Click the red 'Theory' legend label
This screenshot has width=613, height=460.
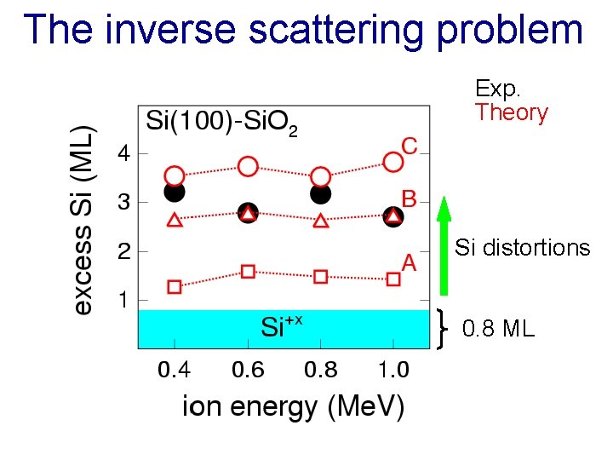[x=512, y=112]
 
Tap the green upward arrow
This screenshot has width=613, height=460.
[x=443, y=247]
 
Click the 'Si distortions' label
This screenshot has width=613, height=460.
[x=522, y=248]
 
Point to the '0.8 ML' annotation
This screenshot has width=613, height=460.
[x=498, y=328]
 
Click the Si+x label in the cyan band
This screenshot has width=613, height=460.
[x=282, y=327]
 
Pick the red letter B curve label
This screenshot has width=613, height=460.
[x=409, y=199]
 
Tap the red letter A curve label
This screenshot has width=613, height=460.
[x=409, y=263]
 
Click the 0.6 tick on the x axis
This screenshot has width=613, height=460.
[x=247, y=371]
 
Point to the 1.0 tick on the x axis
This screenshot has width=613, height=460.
[x=392, y=371]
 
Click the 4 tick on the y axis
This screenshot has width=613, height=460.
[x=124, y=155]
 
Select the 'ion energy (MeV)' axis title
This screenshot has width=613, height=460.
[x=293, y=406]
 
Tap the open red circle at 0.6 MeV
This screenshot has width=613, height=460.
[x=248, y=166]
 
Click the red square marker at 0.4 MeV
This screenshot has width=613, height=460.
[x=175, y=287]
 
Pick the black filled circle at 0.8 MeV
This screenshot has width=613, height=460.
[x=321, y=194]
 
